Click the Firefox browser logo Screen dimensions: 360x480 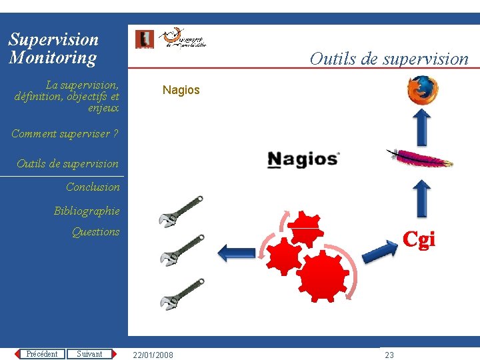pyautogui.click(x=423, y=91)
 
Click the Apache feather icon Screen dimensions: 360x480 pyautogui.click(x=420, y=159)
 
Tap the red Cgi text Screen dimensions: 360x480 pyautogui.click(x=419, y=239)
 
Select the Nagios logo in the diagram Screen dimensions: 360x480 pyautogui.click(x=303, y=159)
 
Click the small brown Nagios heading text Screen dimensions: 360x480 pyautogui.click(x=181, y=90)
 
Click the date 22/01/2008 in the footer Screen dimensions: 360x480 pyautogui.click(x=153, y=355)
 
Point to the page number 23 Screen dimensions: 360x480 pyautogui.click(x=389, y=355)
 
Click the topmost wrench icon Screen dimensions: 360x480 pyautogui.click(x=181, y=211)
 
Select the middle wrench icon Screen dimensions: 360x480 pyautogui.click(x=181, y=249)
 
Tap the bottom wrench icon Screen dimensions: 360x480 pyautogui.click(x=181, y=294)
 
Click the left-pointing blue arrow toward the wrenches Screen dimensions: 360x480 pyautogui.click(x=236, y=252)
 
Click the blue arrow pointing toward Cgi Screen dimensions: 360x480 pyautogui.click(x=379, y=251)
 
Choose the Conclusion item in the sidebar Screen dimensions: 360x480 pyautogui.click(x=93, y=187)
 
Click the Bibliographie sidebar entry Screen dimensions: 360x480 pyautogui.click(x=87, y=211)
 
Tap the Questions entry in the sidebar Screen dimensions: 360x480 pyautogui.click(x=95, y=232)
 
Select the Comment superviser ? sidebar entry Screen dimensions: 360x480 pyautogui.click(x=65, y=134)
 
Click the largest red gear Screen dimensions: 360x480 pyautogui.click(x=323, y=273)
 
